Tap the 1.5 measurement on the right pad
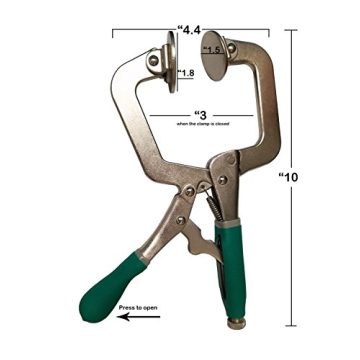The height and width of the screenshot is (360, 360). click(x=212, y=49)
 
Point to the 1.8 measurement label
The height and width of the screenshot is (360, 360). click(x=187, y=72)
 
